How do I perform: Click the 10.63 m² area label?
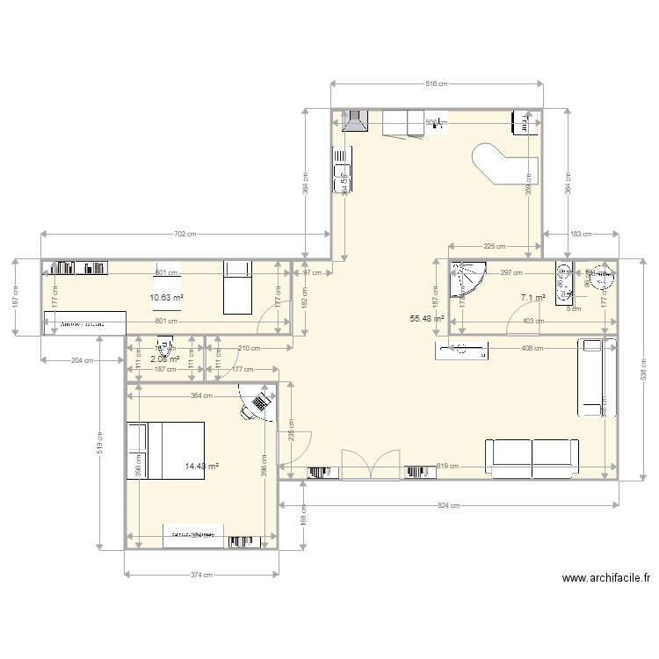click(x=167, y=297)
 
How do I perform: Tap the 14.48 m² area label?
click(x=202, y=467)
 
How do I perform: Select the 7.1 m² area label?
click(x=532, y=298)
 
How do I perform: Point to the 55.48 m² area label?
click(x=427, y=319)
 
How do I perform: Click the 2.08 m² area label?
click(x=163, y=358)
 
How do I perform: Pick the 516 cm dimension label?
click(x=436, y=84)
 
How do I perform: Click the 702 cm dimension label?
click(x=185, y=234)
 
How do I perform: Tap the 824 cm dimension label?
click(x=448, y=506)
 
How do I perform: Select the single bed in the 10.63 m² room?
click(x=237, y=287)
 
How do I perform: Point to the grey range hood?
click(x=356, y=122)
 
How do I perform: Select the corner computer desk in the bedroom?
click(x=257, y=403)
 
